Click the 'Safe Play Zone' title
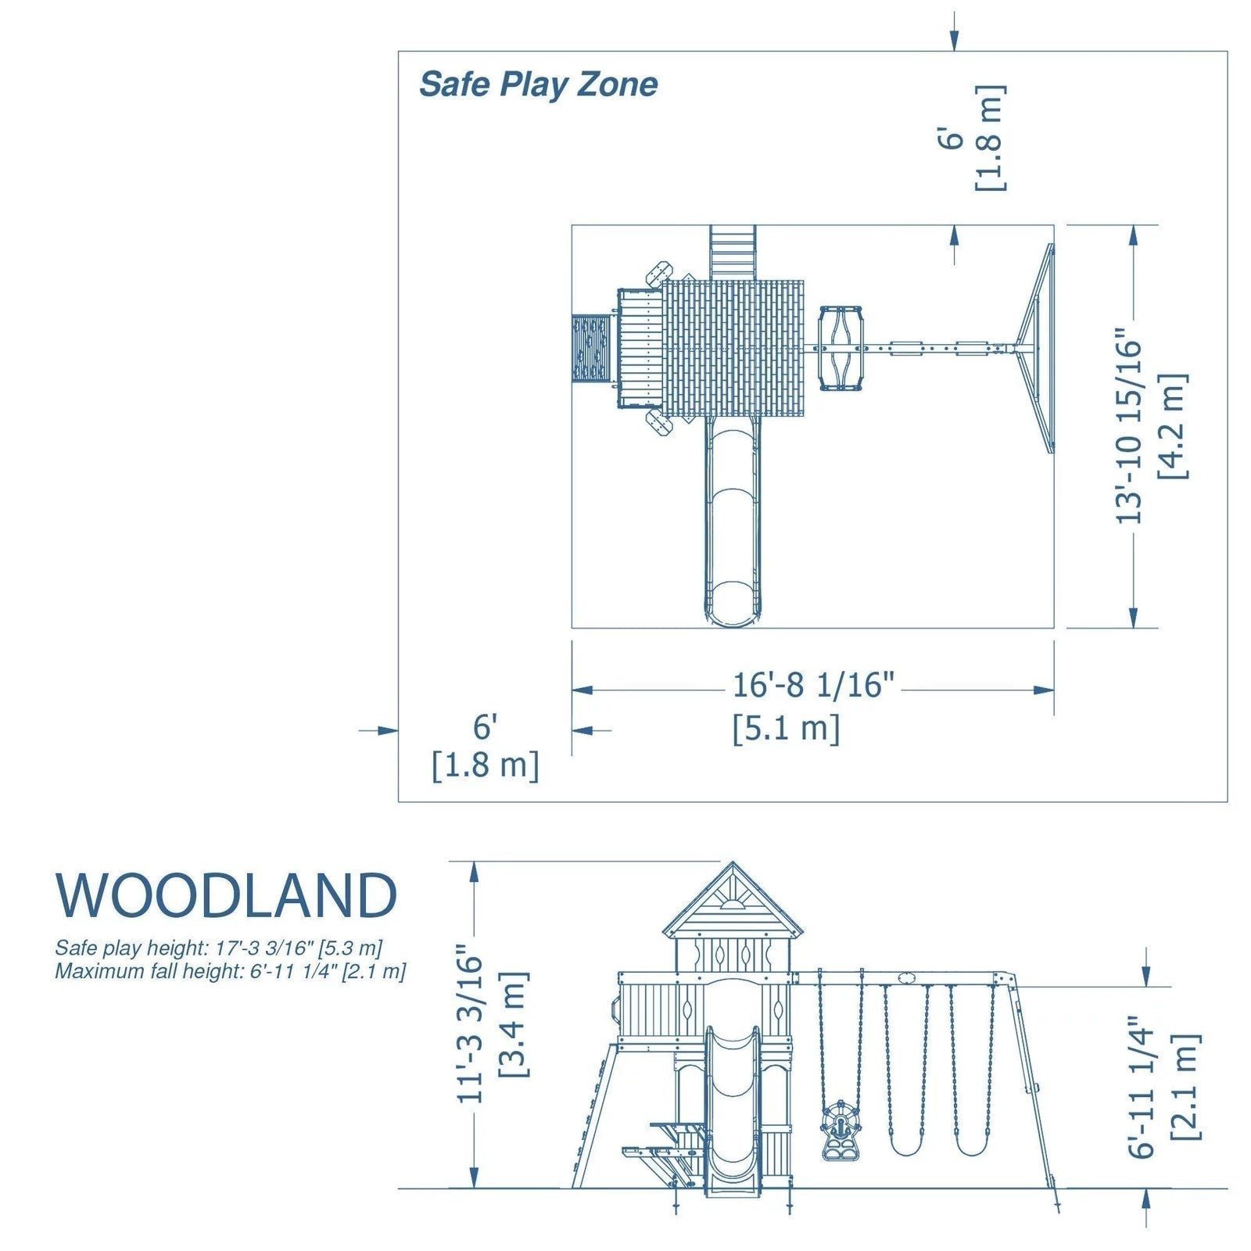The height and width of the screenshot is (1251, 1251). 538,84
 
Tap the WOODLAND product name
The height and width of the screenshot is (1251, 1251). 226,896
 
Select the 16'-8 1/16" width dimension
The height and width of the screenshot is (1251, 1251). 812,686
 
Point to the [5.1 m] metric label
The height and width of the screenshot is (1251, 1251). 786,729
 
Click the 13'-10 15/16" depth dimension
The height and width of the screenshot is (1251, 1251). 1131,430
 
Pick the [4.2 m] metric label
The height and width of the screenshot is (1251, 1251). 1174,426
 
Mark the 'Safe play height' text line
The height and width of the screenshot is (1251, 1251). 218,948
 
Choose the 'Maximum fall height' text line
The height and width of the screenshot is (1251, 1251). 230,972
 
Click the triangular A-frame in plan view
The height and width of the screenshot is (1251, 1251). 1036,348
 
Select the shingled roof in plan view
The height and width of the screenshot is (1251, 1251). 733,348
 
